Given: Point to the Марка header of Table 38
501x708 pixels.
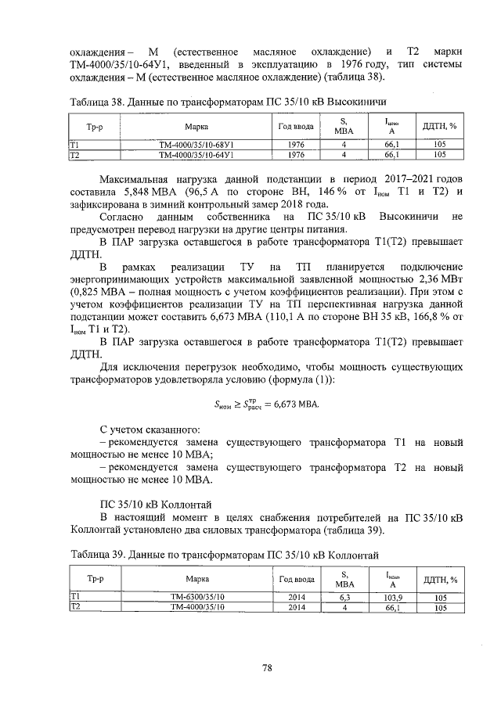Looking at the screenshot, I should pos(196,125).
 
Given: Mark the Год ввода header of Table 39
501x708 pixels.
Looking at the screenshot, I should pos(297,579).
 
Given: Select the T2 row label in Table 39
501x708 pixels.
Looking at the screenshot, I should pos(75,606).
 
